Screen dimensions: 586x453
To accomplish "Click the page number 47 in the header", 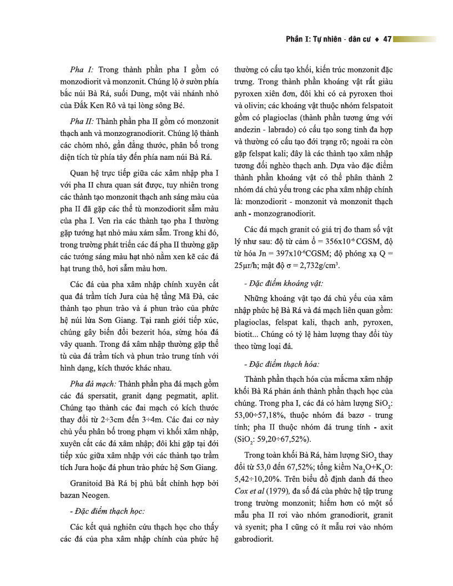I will (387, 39).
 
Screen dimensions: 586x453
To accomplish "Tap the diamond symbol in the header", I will (377, 39).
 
